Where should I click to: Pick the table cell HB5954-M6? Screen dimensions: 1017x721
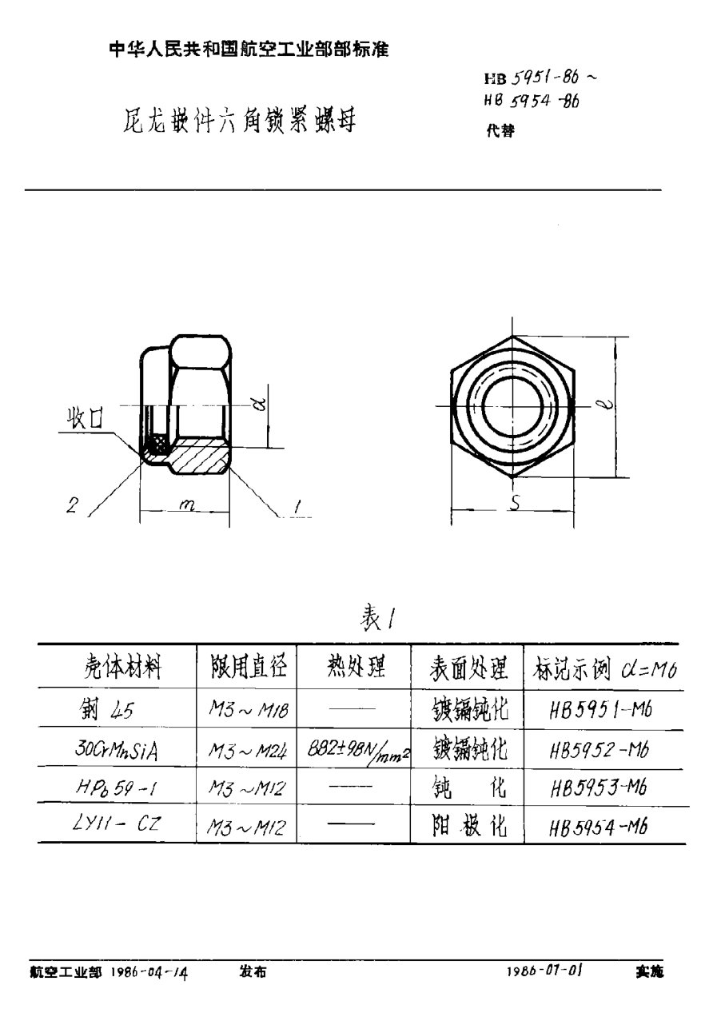(x=600, y=826)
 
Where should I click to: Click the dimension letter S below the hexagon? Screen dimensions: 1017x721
(x=516, y=505)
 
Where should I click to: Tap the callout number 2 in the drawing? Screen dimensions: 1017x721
(x=73, y=506)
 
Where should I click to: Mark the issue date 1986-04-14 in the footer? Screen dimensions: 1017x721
(x=150, y=971)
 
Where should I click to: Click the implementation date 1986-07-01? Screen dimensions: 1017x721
(x=544, y=970)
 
